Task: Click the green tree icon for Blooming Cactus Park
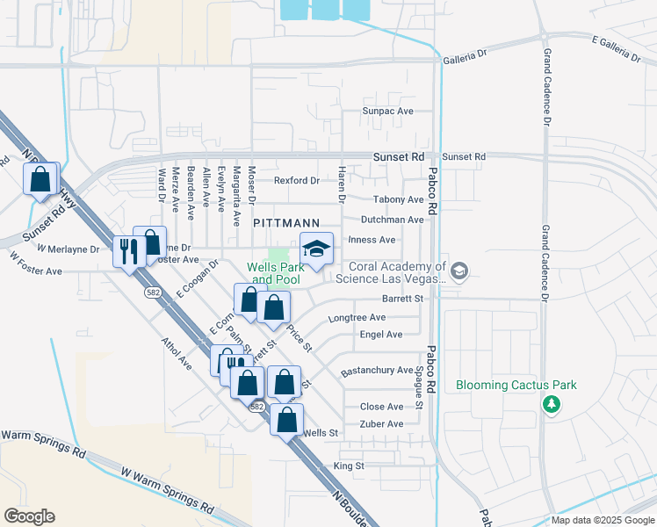[551, 404]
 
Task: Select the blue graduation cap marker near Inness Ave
[317, 249]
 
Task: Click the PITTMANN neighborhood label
[285, 224]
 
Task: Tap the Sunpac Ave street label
[387, 112]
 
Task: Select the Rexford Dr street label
[296, 181]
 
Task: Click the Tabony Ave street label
[398, 200]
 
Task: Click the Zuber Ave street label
[382, 424]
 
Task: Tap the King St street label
[349, 466]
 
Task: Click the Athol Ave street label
[176, 350]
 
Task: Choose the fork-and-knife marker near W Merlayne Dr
[129, 251]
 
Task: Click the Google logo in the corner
[29, 516]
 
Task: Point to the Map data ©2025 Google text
[603, 520]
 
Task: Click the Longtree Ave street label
[357, 317]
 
